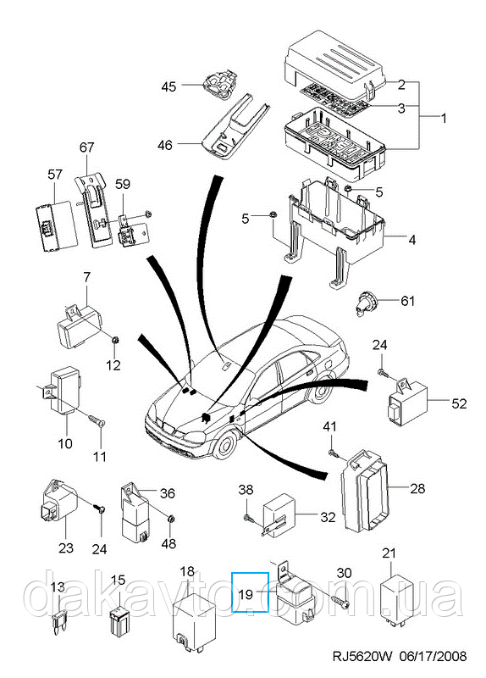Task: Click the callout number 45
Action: click(x=168, y=86)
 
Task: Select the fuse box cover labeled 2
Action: click(x=334, y=65)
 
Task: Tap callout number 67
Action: click(x=87, y=147)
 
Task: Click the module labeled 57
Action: click(x=57, y=226)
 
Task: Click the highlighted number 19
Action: click(x=246, y=595)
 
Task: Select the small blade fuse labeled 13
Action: click(x=58, y=623)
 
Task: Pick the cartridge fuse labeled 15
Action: click(x=119, y=622)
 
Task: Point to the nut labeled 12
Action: click(x=115, y=341)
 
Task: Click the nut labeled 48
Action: click(x=170, y=519)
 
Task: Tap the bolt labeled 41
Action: click(x=332, y=453)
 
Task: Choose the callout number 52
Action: click(x=459, y=403)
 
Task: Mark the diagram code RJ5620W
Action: click(x=362, y=656)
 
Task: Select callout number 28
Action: click(x=417, y=489)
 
